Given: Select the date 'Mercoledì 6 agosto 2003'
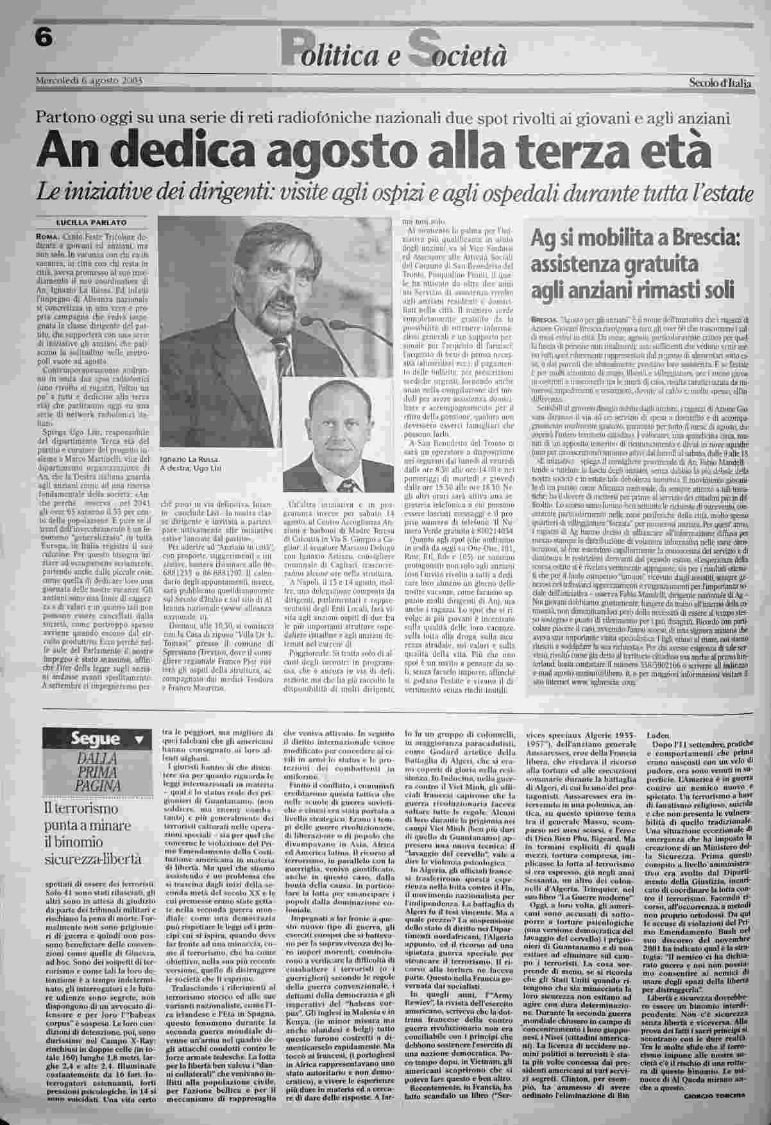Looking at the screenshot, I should pyautogui.click(x=88, y=80).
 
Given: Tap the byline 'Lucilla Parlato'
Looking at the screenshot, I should pyautogui.click(x=92, y=222).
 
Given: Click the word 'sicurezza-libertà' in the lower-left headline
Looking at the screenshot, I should pyautogui.click(x=93, y=859).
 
